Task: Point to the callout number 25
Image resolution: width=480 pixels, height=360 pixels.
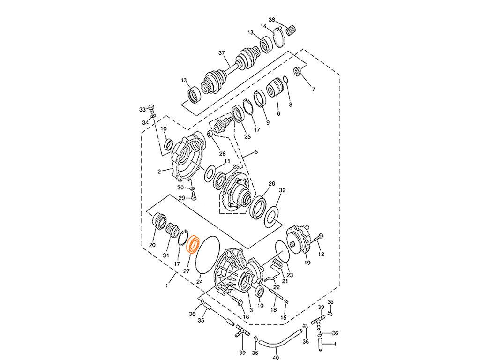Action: pyautogui.click(x=247, y=135)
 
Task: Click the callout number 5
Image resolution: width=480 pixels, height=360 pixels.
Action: pyautogui.click(x=279, y=113)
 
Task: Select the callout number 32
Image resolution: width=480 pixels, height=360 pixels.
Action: pyautogui.click(x=282, y=190)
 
